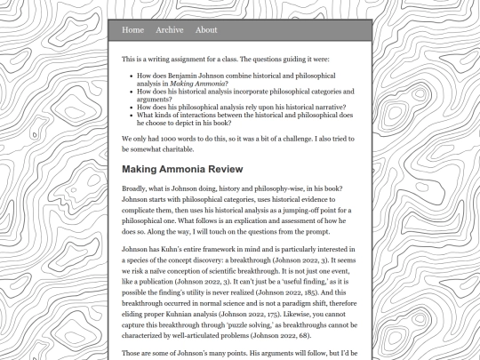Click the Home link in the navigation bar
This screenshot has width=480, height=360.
click(132, 30)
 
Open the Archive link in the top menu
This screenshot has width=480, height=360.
click(169, 30)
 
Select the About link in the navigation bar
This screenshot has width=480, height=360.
click(206, 30)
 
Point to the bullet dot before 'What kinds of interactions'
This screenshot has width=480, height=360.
click(131, 115)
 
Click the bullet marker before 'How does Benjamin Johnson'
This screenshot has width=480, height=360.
click(131, 76)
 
